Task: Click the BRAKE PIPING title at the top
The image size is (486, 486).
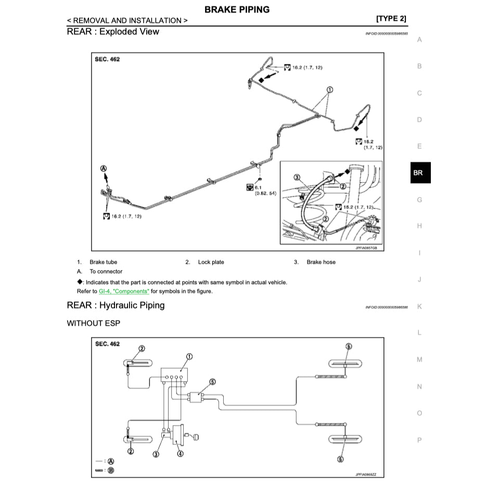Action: click(x=237, y=9)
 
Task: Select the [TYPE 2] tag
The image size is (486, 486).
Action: click(x=391, y=19)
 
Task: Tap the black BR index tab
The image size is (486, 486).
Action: click(x=418, y=173)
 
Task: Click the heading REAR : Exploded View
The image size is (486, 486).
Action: click(x=113, y=31)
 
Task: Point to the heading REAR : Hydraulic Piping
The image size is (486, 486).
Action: click(x=116, y=305)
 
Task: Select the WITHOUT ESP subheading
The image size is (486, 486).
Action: click(x=93, y=323)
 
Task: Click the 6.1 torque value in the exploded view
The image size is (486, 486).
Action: click(x=259, y=186)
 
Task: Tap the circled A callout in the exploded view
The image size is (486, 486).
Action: click(x=103, y=169)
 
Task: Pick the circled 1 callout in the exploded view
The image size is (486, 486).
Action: click(x=329, y=89)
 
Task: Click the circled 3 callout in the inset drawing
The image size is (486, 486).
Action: click(x=297, y=177)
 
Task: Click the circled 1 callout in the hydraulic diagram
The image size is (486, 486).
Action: click(x=189, y=357)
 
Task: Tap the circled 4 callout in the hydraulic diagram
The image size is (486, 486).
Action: click(x=180, y=453)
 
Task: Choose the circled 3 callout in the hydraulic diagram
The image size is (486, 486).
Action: click(x=156, y=453)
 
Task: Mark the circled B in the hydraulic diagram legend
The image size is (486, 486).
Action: click(x=111, y=470)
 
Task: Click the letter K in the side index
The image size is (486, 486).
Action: click(x=419, y=306)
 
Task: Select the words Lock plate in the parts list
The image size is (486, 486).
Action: click(x=211, y=262)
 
